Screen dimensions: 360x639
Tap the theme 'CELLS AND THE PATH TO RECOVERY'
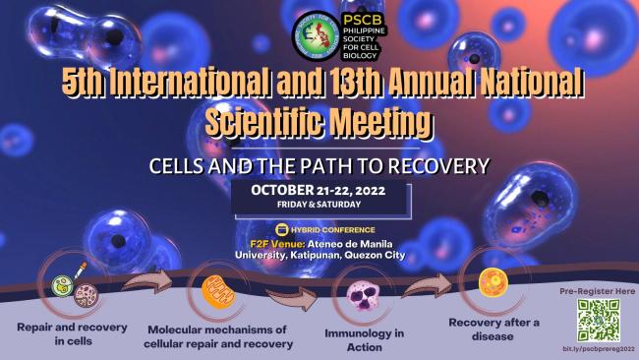click(319, 162)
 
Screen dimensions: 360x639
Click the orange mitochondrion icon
click(217, 292)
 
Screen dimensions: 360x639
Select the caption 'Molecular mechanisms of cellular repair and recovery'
click(219, 336)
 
